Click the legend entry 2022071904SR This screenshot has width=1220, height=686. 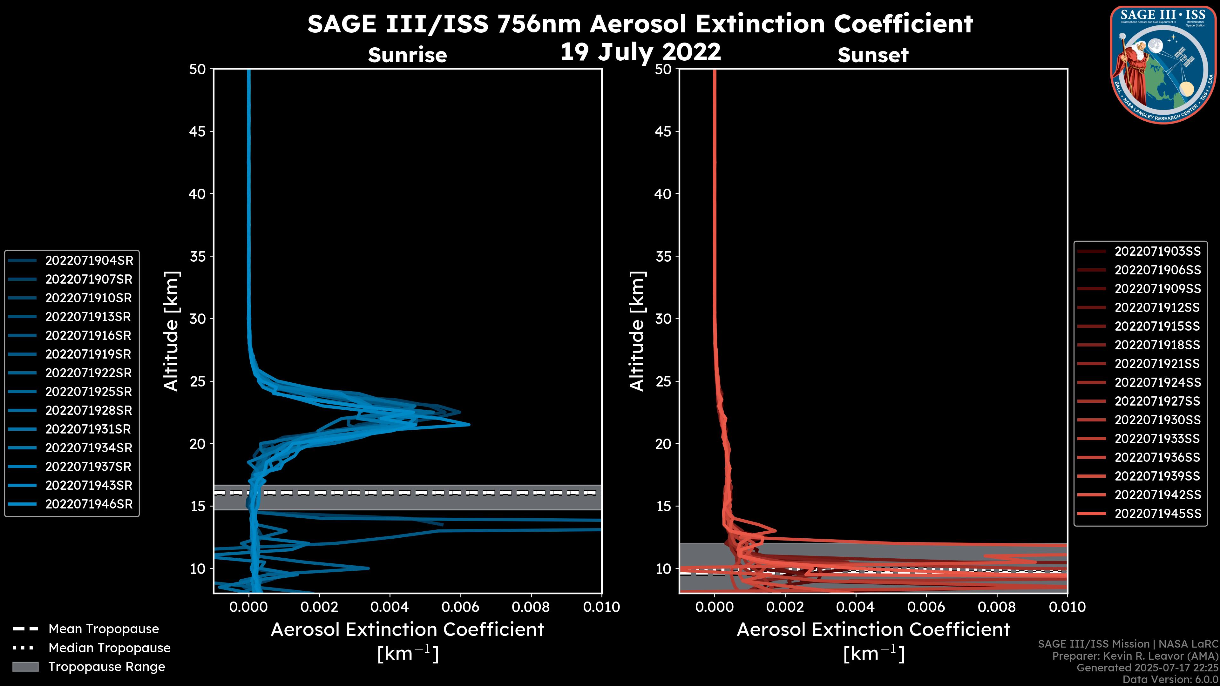click(89, 260)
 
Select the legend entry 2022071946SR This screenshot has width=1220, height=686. click(89, 504)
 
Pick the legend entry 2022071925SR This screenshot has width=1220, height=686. click(89, 392)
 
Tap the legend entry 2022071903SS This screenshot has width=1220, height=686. click(1157, 252)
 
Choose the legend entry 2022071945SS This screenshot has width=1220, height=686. click(1157, 514)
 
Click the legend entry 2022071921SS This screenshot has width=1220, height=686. click(1157, 364)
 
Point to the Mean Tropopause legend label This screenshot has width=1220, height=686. click(104, 629)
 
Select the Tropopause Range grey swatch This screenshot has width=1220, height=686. click(25, 667)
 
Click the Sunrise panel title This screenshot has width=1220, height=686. click(407, 55)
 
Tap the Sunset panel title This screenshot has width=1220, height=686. click(873, 55)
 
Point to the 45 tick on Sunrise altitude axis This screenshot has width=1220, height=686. click(198, 131)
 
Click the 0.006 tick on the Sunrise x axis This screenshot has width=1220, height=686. click(459, 607)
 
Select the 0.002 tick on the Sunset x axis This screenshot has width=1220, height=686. click(785, 607)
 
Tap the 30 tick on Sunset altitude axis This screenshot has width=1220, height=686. click(663, 319)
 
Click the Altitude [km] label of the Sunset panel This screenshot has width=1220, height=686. click(637, 331)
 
